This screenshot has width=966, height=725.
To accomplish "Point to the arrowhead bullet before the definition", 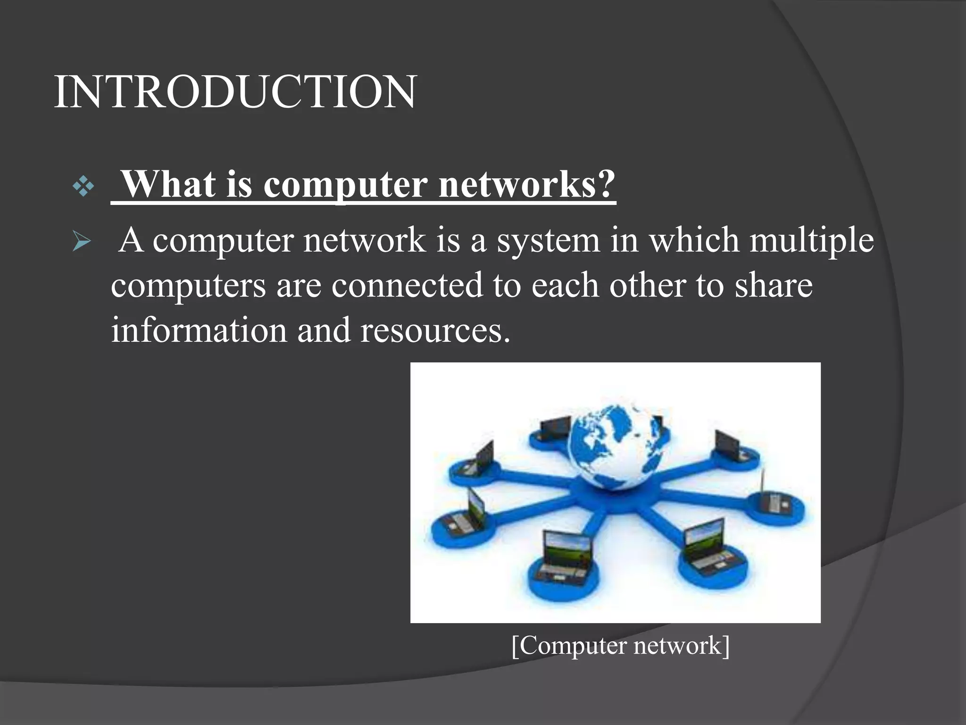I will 82,242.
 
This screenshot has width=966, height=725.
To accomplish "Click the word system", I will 548,241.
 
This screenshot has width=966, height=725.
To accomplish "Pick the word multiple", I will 811,241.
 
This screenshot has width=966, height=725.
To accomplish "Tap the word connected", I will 407,286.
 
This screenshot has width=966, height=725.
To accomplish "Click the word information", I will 199,330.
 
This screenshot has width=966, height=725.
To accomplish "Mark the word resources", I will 435,330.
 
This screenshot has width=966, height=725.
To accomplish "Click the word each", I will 565,286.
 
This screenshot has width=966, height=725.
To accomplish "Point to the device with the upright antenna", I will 774,503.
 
